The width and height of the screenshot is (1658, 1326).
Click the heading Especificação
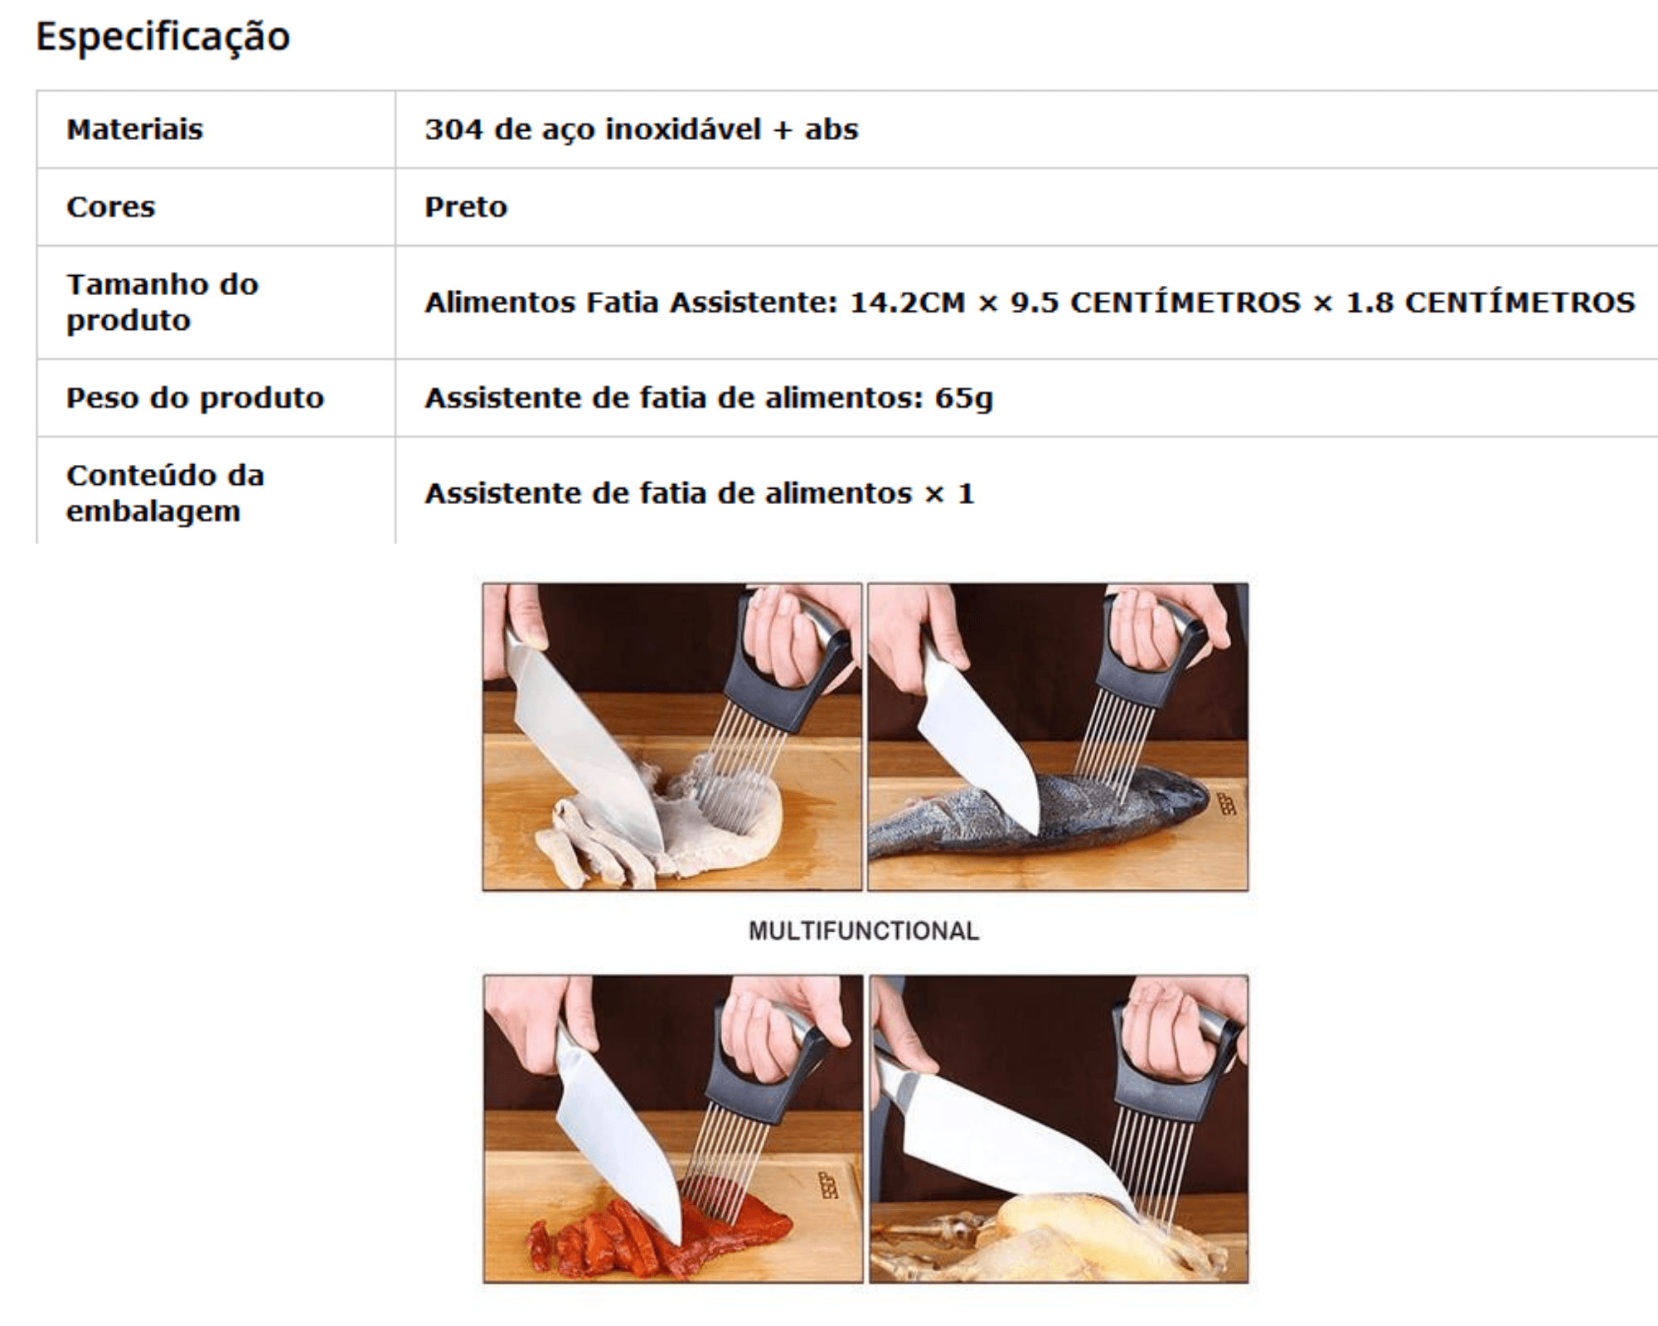(163, 37)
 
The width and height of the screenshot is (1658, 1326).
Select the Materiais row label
(134, 129)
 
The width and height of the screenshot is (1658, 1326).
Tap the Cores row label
(110, 206)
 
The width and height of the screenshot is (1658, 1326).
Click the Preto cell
(466, 206)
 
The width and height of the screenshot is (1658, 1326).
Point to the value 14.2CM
(908, 302)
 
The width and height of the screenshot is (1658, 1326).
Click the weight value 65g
(963, 399)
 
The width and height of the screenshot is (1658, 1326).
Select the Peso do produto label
(195, 399)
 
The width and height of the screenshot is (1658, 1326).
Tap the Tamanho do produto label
(162, 302)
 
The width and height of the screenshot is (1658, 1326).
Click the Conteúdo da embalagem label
(165, 493)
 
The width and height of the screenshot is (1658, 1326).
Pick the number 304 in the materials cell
(453, 129)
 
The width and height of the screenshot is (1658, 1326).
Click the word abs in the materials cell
(831, 129)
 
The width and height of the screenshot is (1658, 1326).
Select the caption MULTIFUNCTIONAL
(864, 931)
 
